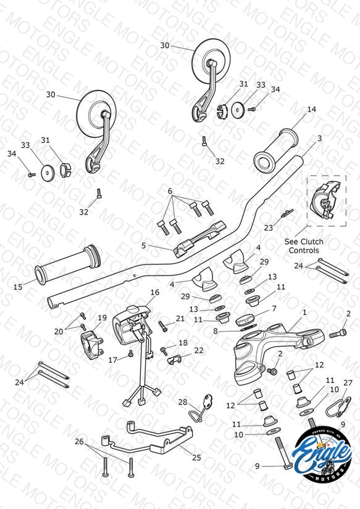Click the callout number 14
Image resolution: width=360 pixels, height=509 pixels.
[311, 109]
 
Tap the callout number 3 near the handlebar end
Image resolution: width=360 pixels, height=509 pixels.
[319, 138]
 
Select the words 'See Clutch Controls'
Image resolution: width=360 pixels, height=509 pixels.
[304, 246]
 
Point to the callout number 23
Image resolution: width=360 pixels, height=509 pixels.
[269, 228]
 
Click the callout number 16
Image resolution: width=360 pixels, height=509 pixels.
[155, 292]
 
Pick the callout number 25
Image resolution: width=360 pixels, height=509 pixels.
[196, 457]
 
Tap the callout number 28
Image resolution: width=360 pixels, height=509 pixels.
[183, 402]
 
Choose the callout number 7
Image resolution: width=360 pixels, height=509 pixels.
[274, 308]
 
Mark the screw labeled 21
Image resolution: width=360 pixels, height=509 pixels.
[163, 326]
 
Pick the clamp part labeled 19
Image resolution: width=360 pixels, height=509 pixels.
[91, 344]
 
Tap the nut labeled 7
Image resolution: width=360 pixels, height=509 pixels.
[246, 321]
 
